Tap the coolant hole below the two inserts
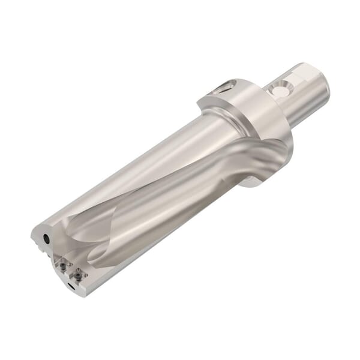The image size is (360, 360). [x=72, y=287]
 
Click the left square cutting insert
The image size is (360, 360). [x=61, y=263]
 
